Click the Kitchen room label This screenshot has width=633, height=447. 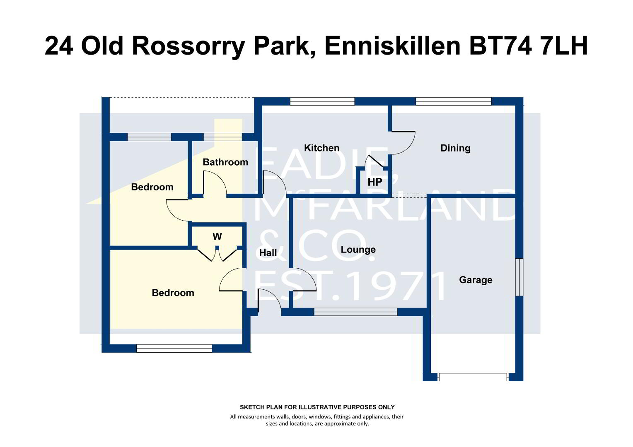321,148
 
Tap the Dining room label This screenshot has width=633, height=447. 455,148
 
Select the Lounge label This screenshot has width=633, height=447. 358,250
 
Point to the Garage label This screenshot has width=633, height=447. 476,280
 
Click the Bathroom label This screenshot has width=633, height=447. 225,162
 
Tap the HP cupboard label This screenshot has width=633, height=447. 375,182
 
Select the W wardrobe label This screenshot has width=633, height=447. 217,236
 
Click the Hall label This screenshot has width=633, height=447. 268,253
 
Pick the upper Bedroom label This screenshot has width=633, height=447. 152,187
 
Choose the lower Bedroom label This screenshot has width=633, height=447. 173,293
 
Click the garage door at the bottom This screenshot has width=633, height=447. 473,377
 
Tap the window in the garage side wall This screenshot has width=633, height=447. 519,277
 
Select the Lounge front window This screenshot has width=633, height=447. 355,312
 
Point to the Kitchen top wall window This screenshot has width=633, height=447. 322,101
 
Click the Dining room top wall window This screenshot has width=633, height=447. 454,101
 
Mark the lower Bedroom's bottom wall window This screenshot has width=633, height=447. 174,348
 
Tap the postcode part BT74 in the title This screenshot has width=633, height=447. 501,46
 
